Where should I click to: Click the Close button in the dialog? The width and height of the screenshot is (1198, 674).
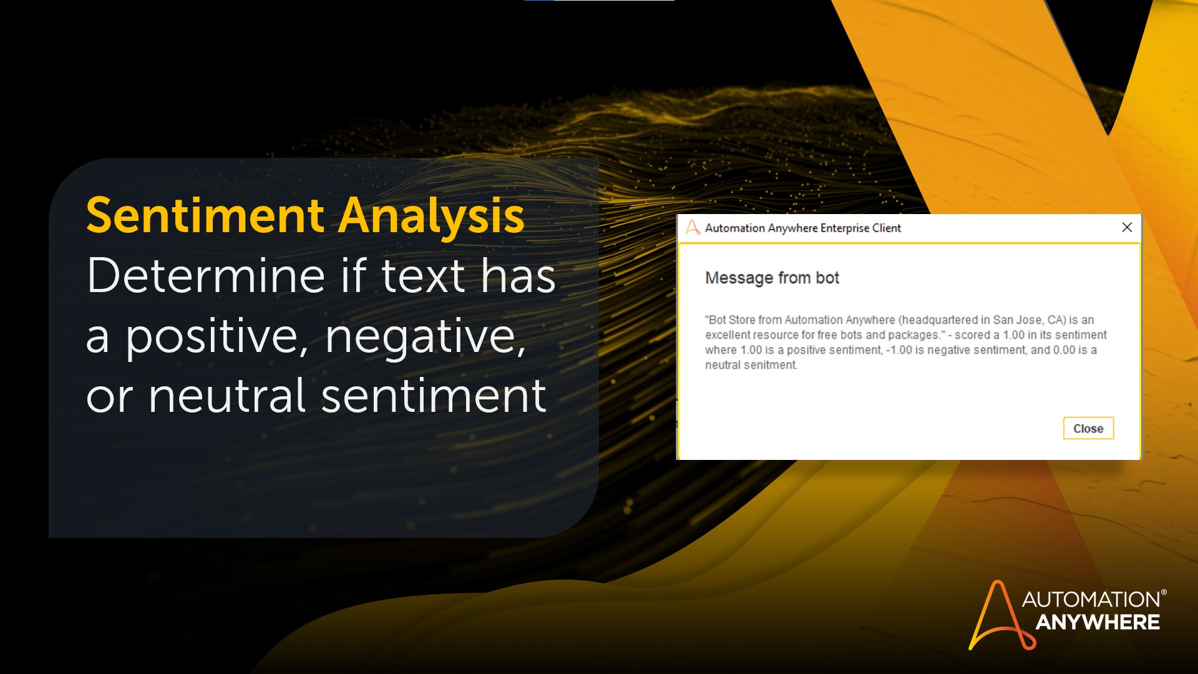point(1088,428)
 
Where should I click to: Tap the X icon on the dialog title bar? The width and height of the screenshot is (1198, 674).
point(1127,227)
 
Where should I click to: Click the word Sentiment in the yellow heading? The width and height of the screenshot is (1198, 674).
point(205,215)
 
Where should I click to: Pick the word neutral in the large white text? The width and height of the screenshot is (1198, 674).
point(227,396)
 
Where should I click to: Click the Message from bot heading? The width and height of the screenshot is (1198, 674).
point(772,278)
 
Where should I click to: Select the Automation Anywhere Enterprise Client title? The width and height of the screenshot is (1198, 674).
point(803,228)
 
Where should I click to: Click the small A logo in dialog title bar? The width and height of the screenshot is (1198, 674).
point(693,227)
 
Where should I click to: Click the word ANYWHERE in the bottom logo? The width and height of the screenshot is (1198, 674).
point(1098,622)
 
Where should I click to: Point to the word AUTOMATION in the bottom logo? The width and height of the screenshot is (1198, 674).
point(1091,599)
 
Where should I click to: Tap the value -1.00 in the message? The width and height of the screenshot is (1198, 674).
point(899,350)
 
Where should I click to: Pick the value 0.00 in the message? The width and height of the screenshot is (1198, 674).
point(1064,350)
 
